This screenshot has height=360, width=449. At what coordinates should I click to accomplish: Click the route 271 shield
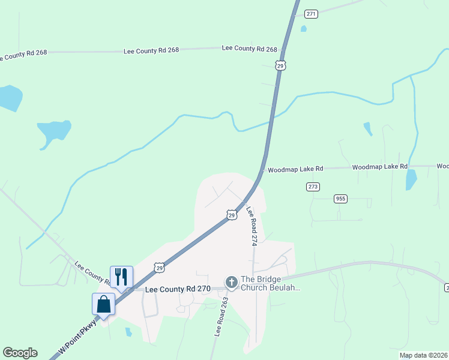310,14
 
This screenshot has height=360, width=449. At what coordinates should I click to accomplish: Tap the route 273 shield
313,187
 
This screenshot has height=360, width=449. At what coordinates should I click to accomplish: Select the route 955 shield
340,198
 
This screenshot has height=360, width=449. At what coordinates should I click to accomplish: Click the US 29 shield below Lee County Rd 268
280,65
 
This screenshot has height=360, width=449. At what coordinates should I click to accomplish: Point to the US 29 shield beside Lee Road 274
231,214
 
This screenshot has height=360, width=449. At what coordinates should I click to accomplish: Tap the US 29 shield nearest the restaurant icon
158,266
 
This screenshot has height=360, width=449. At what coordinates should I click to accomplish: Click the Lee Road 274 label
251,226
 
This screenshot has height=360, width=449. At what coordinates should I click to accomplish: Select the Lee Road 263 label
217,316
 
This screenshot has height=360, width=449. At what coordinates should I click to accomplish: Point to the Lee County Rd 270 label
178,289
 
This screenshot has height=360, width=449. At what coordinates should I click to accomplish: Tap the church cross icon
231,282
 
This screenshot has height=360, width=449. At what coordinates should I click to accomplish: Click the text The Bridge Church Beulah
270,283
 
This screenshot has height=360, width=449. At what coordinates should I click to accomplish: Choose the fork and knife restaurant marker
121,277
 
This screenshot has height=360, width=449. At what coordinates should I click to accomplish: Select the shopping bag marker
104,304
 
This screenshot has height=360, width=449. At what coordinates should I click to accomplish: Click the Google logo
20,353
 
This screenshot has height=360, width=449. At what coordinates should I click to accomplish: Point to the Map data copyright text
423,355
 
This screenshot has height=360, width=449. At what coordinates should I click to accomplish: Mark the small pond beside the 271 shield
304,28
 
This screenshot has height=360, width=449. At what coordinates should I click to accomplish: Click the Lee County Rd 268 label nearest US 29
249,49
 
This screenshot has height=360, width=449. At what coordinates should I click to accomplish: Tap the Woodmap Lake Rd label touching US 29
295,169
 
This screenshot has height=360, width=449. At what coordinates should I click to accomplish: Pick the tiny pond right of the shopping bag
128,332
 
